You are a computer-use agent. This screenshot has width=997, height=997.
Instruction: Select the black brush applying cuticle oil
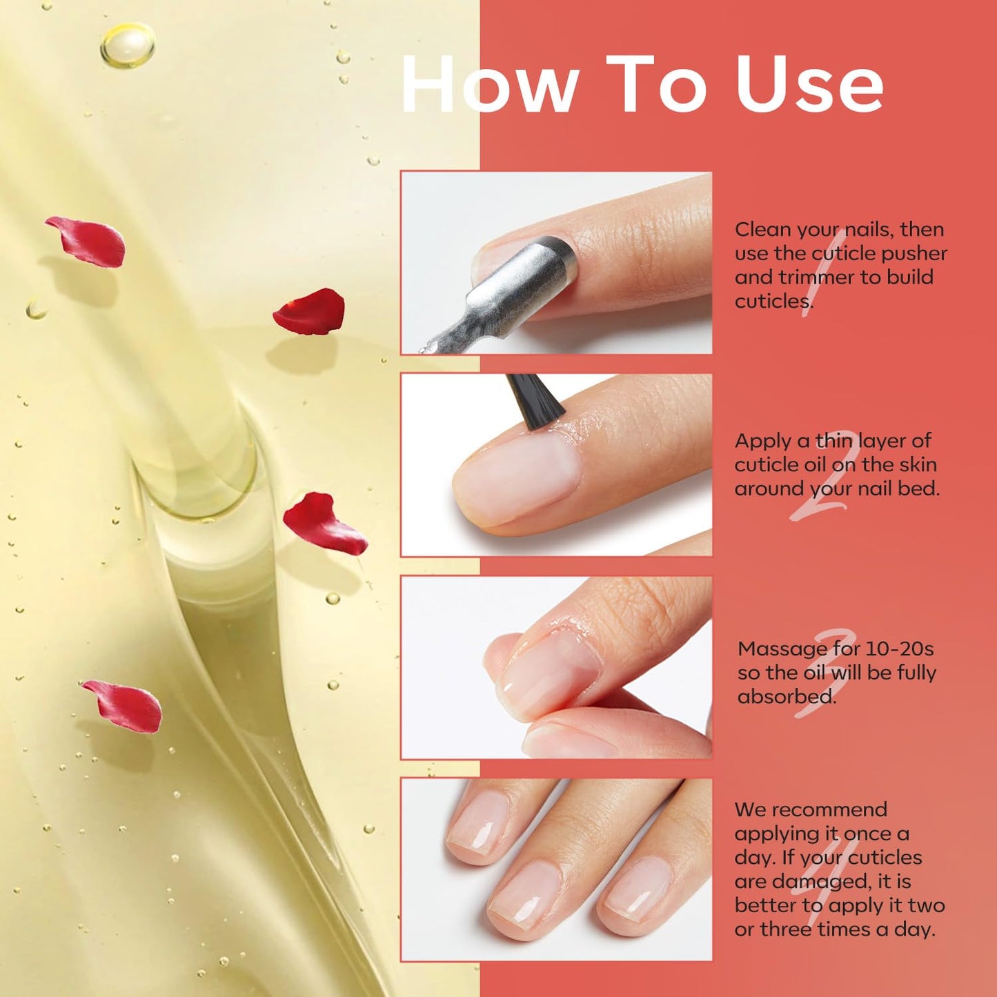pos(535,397)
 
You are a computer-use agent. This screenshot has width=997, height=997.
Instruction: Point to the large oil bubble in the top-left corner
pos(128,45)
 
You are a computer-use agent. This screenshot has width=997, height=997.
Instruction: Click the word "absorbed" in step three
pos(786,697)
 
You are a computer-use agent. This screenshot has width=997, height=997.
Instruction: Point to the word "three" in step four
pos(787,929)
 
